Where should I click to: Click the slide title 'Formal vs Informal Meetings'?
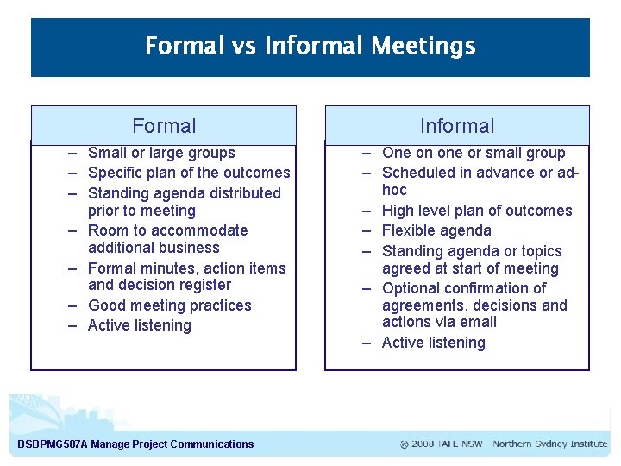coord(310,45)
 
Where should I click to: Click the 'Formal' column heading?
coord(164,126)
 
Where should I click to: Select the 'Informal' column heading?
coord(456,126)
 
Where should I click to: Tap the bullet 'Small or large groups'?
coord(161,153)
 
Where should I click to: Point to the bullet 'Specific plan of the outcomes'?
coord(189,173)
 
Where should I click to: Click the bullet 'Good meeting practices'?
coord(169,305)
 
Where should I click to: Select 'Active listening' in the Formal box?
coord(139,325)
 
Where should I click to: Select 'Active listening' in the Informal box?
coord(433,343)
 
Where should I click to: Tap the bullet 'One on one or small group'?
coord(474,153)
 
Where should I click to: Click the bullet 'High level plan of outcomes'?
coord(476,211)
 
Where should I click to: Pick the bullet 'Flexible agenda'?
coord(436,230)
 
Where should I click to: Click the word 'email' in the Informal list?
coord(478,322)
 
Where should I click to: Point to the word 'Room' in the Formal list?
coord(107,230)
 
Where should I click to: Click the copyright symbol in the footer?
coord(405,444)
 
